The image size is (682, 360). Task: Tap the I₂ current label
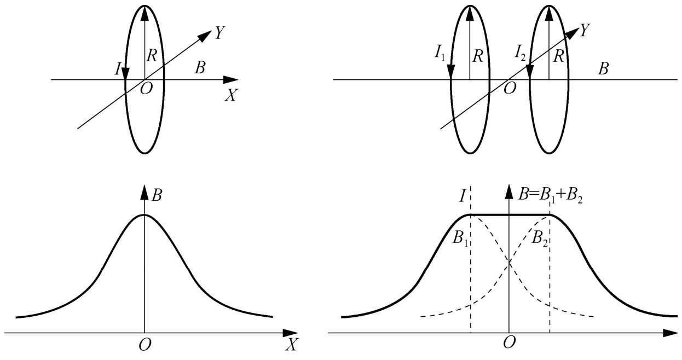tap(520, 53)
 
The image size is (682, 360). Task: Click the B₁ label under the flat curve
tap(460, 237)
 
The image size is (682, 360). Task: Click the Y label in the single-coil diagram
tap(219, 32)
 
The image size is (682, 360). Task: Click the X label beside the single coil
tap(231, 95)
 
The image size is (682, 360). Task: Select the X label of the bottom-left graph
tap(291, 345)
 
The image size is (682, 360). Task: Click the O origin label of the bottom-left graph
tap(145, 345)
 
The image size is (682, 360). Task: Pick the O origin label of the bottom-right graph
tap(510, 342)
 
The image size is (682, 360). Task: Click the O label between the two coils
tap(510, 89)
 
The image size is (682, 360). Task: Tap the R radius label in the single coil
tap(152, 56)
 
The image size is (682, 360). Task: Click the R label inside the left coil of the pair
tap(477, 56)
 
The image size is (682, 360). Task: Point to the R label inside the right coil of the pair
tap(558, 56)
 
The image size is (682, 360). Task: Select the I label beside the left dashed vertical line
tap(462, 196)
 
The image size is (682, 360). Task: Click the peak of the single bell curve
tap(145, 215)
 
